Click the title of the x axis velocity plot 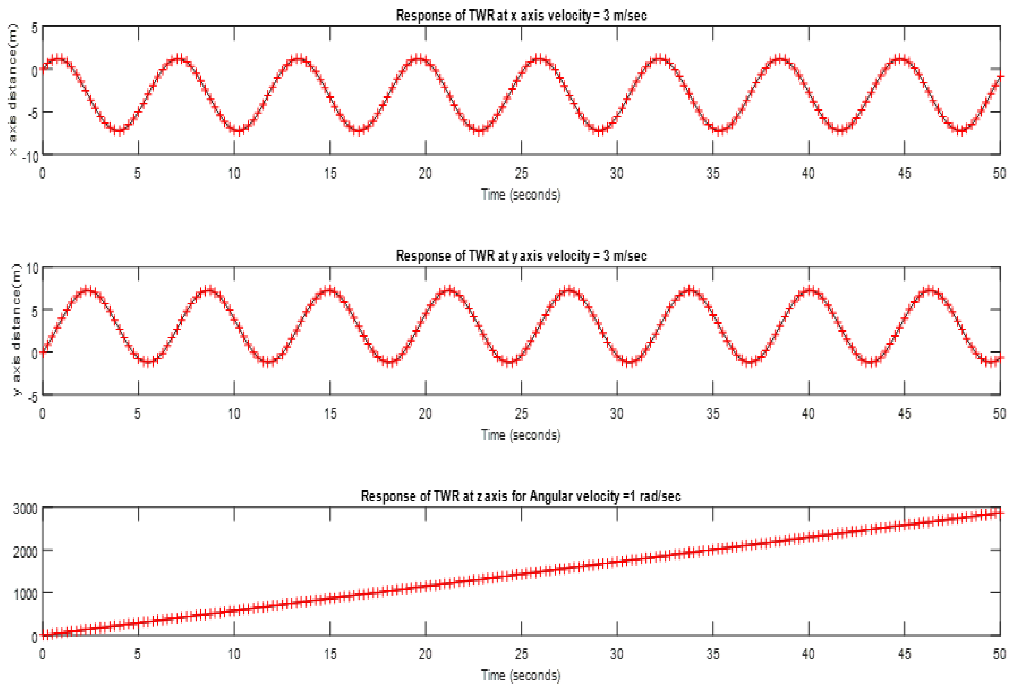tap(521, 16)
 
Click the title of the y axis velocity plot tap(521, 256)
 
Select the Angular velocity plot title tap(521, 496)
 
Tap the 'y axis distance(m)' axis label tap(15, 330)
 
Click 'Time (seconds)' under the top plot tap(521, 194)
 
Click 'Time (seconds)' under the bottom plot tap(521, 675)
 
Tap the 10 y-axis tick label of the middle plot tap(33, 268)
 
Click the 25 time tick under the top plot tap(521, 174)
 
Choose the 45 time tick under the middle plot tap(904, 414)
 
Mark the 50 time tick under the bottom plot tap(999, 654)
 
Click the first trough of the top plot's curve tap(119, 131)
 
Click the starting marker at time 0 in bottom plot tap(43, 635)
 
